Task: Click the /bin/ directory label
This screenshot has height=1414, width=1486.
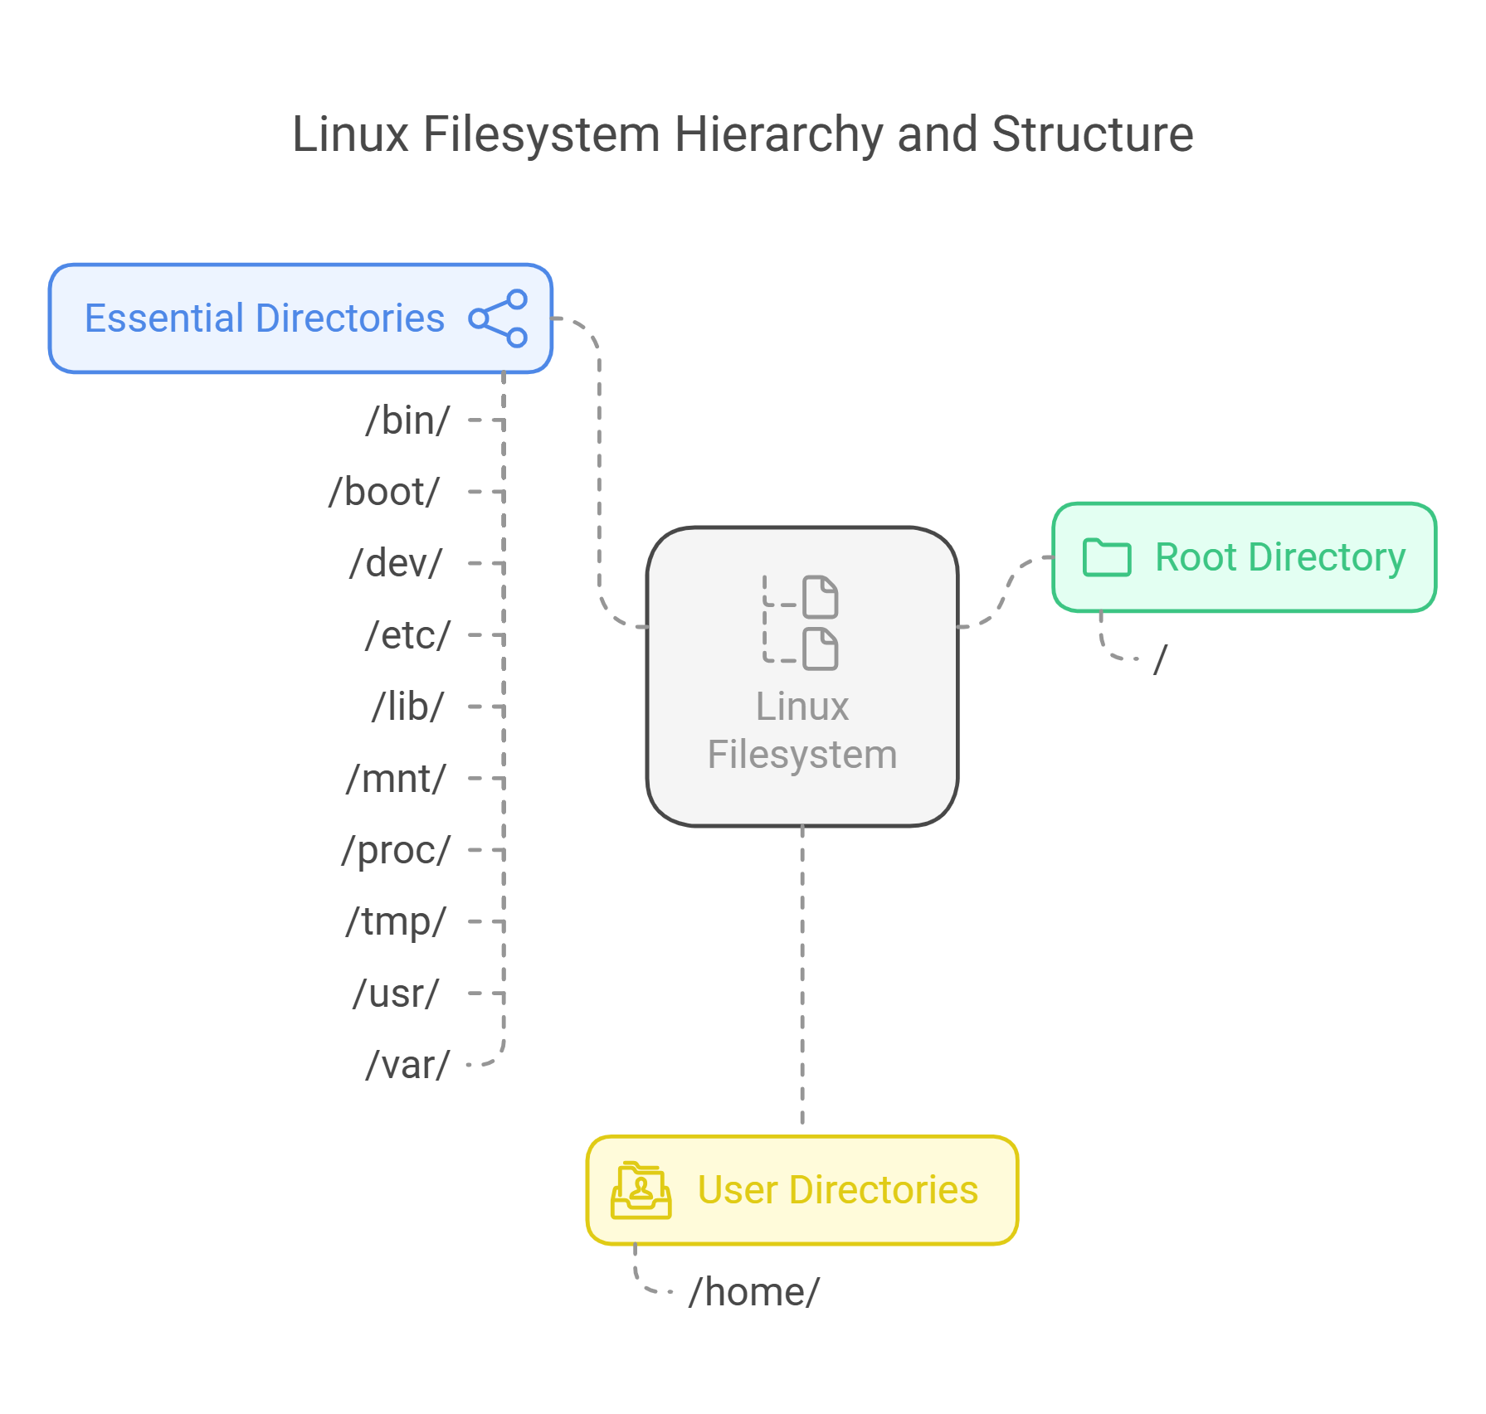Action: pyautogui.click(x=407, y=420)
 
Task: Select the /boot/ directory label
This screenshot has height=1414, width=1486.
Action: pyautogui.click(x=384, y=492)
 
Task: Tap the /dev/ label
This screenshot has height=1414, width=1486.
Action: pyautogui.click(x=396, y=563)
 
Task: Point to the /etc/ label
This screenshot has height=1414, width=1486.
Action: pyautogui.click(x=407, y=635)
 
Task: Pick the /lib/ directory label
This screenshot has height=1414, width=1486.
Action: pyautogui.click(x=407, y=707)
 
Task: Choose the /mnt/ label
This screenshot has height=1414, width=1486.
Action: pyautogui.click(x=396, y=779)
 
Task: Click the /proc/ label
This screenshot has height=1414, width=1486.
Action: pyautogui.click(x=396, y=850)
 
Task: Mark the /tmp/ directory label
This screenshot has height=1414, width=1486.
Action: pyautogui.click(x=396, y=921)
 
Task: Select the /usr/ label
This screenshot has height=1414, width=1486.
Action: pyautogui.click(x=396, y=994)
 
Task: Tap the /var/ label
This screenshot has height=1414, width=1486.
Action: pyautogui.click(x=407, y=1065)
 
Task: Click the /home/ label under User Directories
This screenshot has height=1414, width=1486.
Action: pyautogui.click(x=753, y=1292)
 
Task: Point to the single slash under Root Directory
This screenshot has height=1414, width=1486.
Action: pyautogui.click(x=1160, y=660)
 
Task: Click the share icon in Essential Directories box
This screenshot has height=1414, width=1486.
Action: pyautogui.click(x=498, y=318)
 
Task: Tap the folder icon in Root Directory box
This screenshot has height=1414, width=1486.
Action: pyautogui.click(x=1107, y=557)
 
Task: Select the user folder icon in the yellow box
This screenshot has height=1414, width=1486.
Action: pyautogui.click(x=641, y=1190)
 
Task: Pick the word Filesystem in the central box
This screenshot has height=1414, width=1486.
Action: pyautogui.click(x=801, y=755)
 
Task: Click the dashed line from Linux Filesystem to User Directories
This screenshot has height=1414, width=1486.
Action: pyautogui.click(x=801, y=979)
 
